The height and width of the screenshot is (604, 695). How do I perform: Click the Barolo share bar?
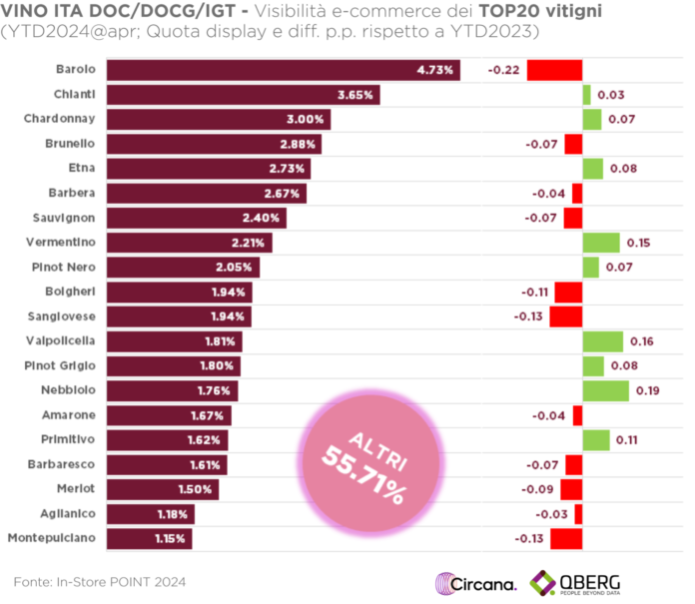pyautogui.click(x=283, y=71)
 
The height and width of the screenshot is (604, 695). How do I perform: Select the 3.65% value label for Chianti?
pyautogui.click(x=355, y=96)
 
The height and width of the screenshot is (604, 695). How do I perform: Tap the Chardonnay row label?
pyautogui.click(x=60, y=119)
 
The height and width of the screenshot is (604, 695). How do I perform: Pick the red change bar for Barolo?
pyautogui.click(x=554, y=71)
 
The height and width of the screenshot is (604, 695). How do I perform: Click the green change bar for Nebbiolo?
pyautogui.click(x=605, y=390)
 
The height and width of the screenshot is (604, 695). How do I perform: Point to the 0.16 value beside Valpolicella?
pyautogui.click(x=642, y=341)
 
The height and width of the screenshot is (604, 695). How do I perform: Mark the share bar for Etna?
pyautogui.click(x=209, y=168)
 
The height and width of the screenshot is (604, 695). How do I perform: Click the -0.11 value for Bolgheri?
pyautogui.click(x=535, y=293)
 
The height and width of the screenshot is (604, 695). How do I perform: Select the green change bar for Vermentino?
pyautogui.click(x=601, y=243)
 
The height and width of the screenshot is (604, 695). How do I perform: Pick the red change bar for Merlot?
pyautogui.click(x=571, y=489)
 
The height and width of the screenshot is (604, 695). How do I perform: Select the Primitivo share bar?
pyautogui.click(x=168, y=439)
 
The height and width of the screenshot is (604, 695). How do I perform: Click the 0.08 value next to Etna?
pyautogui.click(x=623, y=169)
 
